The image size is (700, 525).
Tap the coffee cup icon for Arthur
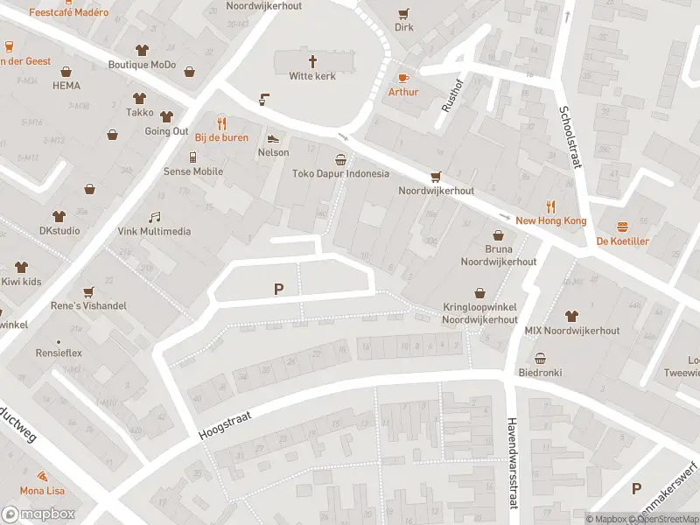(403, 77)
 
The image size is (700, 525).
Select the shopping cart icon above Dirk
(403, 13)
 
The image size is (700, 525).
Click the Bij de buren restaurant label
(221, 137)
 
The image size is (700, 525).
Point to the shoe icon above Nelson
(273, 137)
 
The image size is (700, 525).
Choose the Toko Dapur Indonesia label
(340, 173)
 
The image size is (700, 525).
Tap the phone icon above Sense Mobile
(193, 157)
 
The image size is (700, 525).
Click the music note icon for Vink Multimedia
(154, 217)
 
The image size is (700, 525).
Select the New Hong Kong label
(550, 220)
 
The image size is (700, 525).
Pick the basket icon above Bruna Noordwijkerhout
(498, 234)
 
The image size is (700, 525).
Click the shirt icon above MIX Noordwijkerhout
(572, 316)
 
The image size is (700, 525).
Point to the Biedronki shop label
(540, 373)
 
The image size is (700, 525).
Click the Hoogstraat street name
(224, 426)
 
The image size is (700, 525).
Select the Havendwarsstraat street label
(511, 460)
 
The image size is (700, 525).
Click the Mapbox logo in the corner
(38, 514)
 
